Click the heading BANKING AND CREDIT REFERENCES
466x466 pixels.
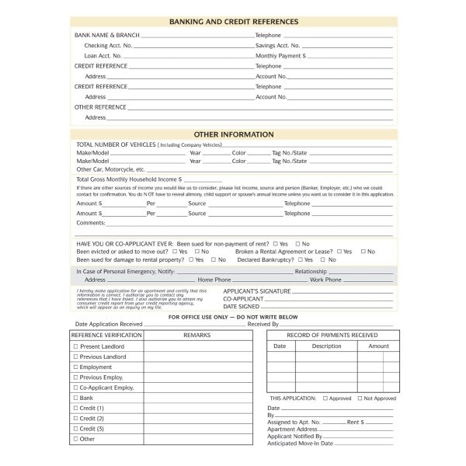[x=233, y=23]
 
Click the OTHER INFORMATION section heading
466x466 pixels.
[x=233, y=134]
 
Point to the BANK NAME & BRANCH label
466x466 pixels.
[x=106, y=36]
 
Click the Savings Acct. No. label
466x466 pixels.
[x=277, y=46]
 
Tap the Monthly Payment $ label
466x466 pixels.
[x=280, y=56]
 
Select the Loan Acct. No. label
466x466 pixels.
[x=103, y=56]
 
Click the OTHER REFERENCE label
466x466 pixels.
[x=100, y=107]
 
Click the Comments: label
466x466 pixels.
[x=91, y=223]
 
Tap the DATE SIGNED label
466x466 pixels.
[x=242, y=306]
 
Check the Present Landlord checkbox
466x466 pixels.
[x=75, y=346]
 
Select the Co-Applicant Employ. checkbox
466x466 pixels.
[x=75, y=388]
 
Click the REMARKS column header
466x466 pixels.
[x=197, y=335]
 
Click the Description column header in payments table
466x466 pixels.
[x=327, y=346]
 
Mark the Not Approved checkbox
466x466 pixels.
[x=360, y=398]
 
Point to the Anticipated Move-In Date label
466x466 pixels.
[x=300, y=443]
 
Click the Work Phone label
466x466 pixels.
[x=325, y=280]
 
